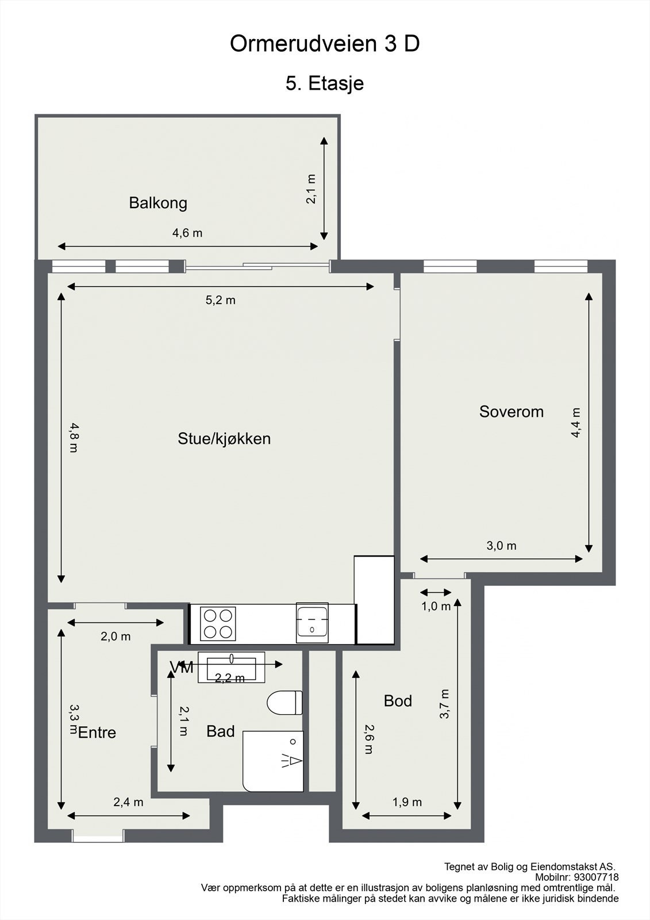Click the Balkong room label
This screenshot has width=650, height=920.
[x=158, y=203]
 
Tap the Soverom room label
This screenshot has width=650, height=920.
[x=511, y=412]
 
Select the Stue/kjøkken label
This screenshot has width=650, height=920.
[x=224, y=439]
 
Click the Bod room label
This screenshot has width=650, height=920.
[x=398, y=701]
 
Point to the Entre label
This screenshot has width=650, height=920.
[x=97, y=733]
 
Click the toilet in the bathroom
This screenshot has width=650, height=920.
[x=285, y=703]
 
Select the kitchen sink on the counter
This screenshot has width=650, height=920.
[x=312, y=623]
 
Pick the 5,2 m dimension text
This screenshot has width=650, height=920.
[x=221, y=300]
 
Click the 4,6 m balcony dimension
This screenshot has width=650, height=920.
[x=187, y=233]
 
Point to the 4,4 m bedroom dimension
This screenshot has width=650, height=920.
[x=576, y=423]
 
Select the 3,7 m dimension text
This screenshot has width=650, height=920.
[x=444, y=704]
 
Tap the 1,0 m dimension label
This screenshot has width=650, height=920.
[x=436, y=606]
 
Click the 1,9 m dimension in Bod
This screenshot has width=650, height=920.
[x=407, y=802]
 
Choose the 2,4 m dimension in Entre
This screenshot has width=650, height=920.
[x=128, y=802]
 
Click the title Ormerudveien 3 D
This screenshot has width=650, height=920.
[x=325, y=44]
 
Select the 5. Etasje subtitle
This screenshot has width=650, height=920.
[x=325, y=83]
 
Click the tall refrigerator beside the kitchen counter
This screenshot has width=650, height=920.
[x=375, y=600]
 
